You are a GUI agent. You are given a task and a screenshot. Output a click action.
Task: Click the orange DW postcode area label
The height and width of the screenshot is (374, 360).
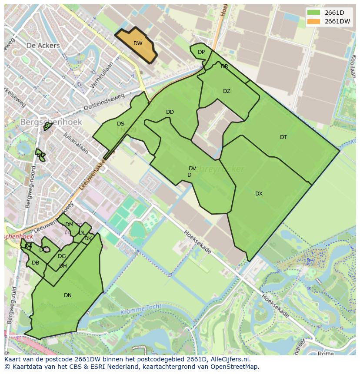pos(138,43)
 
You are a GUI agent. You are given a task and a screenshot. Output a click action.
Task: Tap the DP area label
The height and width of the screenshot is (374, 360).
pos(201,52)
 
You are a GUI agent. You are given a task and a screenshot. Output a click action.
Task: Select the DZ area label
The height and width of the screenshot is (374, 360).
pos(227,91)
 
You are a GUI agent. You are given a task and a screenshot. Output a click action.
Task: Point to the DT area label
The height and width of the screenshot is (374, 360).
pos(283,137)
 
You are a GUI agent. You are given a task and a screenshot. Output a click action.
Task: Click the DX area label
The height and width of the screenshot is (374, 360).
pos(259,194)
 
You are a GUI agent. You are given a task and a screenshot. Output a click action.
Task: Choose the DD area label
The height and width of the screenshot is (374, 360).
pos(170,112)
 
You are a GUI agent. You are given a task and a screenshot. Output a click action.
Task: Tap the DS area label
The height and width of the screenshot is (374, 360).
pos(120,124)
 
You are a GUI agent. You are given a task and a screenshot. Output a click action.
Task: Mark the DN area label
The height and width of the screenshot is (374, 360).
pos(68,295)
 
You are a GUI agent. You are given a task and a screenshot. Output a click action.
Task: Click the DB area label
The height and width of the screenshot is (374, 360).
pos(36,263)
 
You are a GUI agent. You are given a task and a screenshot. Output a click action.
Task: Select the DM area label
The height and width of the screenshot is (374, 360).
pos(69,225)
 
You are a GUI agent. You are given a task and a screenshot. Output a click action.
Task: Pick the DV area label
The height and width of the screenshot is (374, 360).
pos(192,169)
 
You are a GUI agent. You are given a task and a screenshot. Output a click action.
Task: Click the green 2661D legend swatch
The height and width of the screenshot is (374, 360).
pos(313,13)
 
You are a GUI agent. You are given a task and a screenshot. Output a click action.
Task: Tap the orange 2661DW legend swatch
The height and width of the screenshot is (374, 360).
pos(313,22)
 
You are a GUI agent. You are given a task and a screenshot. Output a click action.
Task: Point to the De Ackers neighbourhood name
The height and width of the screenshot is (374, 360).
pos(43,45)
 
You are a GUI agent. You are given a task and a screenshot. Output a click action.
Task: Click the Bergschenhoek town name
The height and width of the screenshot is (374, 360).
pos(51,122)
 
